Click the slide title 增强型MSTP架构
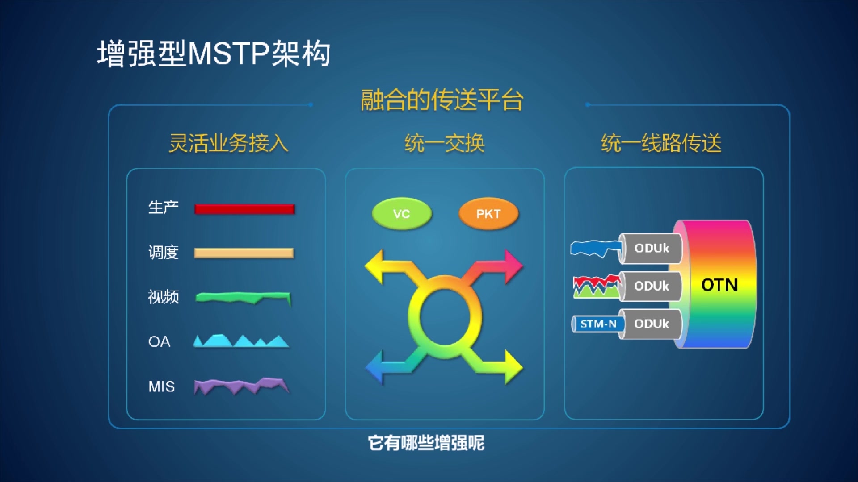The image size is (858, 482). pos(214,54)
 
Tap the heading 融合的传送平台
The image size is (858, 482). pos(442,100)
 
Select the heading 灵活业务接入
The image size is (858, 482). pos(228,143)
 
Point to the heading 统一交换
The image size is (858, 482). pos(444,143)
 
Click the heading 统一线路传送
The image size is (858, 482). pos(661,143)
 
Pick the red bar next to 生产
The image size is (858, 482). pos(244,209)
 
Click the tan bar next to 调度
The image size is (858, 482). pos(244,253)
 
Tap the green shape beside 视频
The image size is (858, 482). pos(244,297)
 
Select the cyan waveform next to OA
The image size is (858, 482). pos(241,341)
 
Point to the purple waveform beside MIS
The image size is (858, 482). pos(241,386)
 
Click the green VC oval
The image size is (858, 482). pos(401,214)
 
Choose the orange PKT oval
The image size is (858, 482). pos(488,214)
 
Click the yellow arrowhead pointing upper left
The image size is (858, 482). pos(375,267)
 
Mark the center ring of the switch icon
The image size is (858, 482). pos(445,317)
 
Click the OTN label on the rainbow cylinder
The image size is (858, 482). pos(719,285)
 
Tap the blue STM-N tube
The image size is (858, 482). pos(598,324)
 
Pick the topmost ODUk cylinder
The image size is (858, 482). pos(651,248)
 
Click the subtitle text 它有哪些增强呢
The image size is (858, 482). pos(426,443)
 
